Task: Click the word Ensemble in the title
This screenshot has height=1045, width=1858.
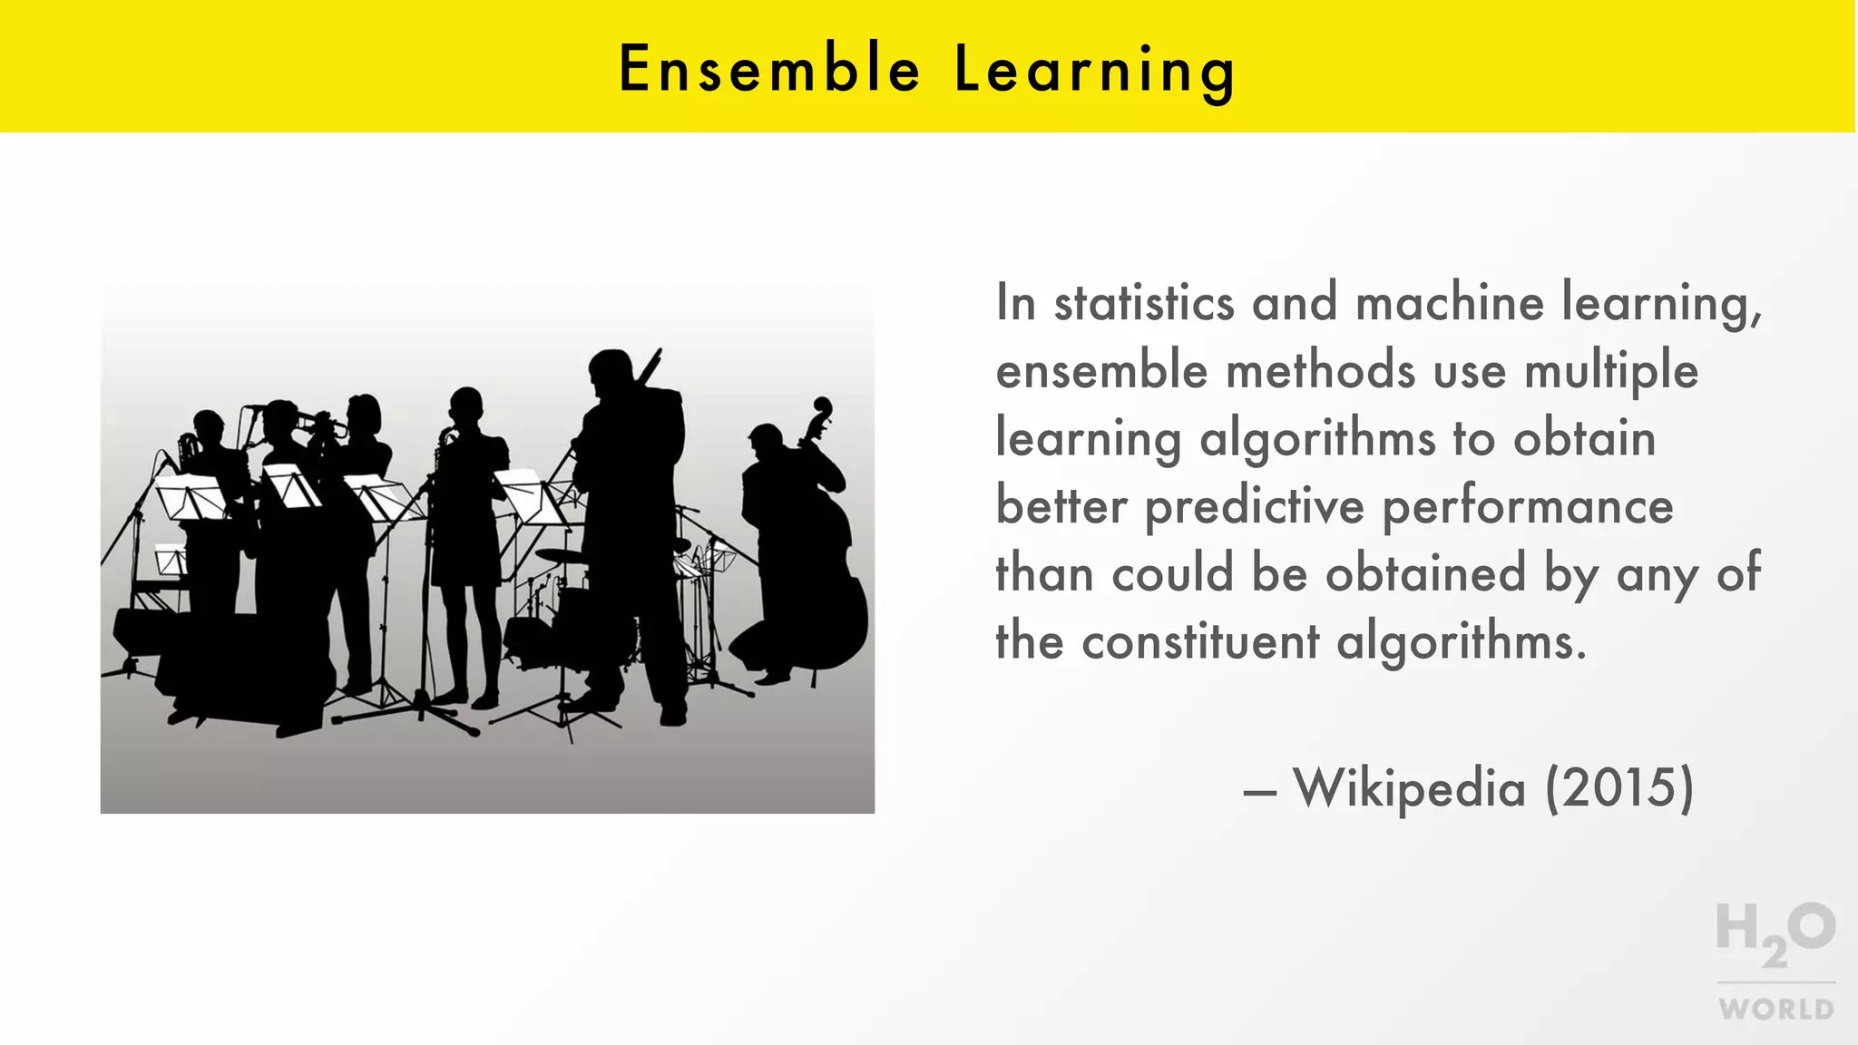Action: click(769, 69)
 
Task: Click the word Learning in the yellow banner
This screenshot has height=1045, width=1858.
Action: click(1095, 71)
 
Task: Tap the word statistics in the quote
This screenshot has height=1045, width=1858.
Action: click(1143, 303)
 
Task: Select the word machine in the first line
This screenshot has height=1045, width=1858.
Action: click(1449, 303)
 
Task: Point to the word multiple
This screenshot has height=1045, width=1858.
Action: click(1610, 372)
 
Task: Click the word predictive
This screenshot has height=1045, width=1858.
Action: click(1254, 507)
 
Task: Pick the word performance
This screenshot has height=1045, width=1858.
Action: click(1528, 507)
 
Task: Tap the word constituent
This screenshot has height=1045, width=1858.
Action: click(1200, 642)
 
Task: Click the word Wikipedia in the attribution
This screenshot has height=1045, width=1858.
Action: click(1409, 787)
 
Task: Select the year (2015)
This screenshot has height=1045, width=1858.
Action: click(1619, 787)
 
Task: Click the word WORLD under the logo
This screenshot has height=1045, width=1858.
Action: click(1776, 1010)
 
